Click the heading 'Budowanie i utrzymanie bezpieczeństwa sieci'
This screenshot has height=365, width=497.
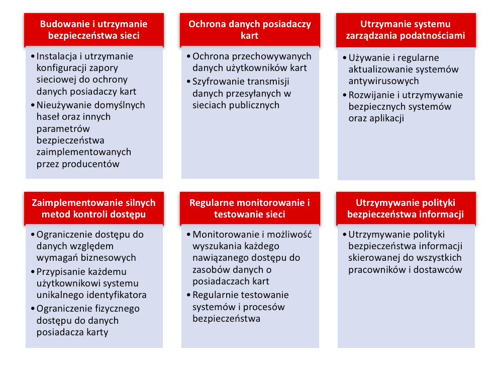tap(94, 30)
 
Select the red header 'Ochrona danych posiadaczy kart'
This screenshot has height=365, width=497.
tap(250, 30)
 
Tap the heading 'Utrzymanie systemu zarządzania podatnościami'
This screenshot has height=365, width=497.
tap(406, 30)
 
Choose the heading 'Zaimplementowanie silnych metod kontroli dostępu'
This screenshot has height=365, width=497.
tap(94, 208)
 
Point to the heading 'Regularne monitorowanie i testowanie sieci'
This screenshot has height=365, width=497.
tap(250, 208)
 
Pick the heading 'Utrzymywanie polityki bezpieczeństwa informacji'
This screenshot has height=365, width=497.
tap(406, 208)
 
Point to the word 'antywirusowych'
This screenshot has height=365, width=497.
tap(383, 81)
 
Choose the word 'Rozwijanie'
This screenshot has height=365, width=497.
tap(371, 95)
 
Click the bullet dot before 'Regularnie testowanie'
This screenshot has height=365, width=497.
tap(188, 295)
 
